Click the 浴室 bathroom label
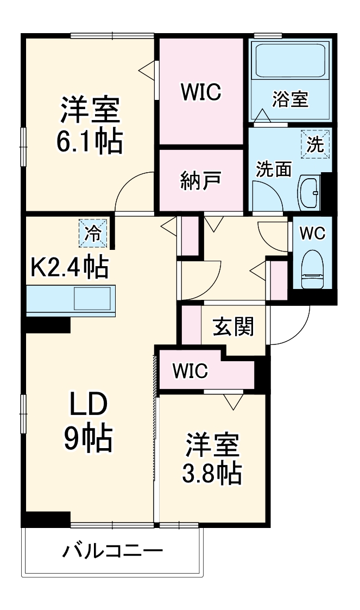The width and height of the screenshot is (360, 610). pos(290,99)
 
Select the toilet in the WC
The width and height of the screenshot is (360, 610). pos(312,269)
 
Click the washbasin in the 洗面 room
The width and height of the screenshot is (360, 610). pos(311,192)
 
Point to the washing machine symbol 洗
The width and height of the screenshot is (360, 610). pos(315,145)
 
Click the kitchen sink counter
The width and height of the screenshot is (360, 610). pos(71,300)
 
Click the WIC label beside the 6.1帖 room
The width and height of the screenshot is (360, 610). pos(200,93)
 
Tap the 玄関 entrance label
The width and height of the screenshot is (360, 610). pos(233,328)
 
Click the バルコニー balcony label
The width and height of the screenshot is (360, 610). pos(112,553)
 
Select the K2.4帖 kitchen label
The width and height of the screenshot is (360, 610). pos(70,267)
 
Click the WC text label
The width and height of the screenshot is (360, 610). pos(312,233)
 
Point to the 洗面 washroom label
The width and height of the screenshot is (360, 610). pos(274,169)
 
